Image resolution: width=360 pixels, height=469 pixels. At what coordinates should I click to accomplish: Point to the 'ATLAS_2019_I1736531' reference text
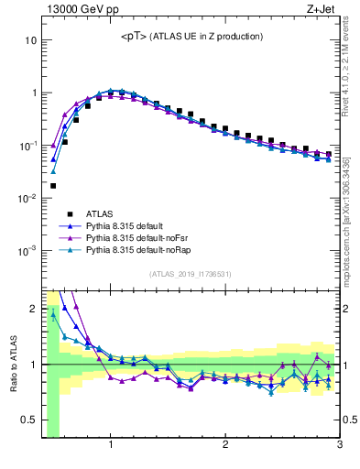point(191,274)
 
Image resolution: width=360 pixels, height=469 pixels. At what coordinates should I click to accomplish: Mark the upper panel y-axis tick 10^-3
point(27,250)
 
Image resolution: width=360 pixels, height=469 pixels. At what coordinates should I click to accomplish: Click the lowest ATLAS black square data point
point(53,186)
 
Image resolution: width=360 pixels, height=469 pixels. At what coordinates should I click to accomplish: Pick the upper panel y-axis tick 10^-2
point(27,198)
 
